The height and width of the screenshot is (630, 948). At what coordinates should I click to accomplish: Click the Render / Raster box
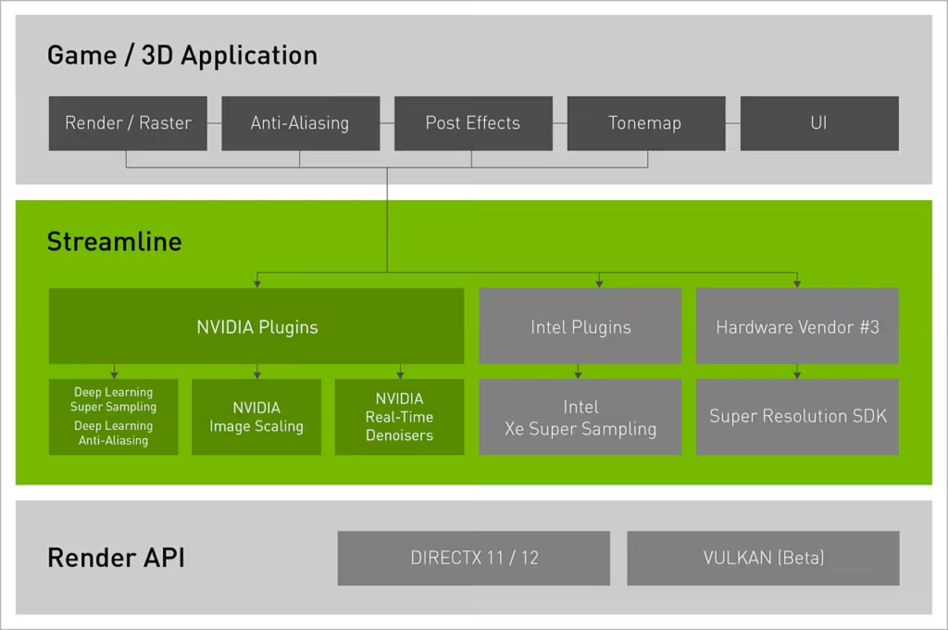click(128, 123)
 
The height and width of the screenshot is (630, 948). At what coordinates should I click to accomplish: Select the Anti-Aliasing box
click(300, 123)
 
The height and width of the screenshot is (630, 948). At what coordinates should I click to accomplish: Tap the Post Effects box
click(473, 123)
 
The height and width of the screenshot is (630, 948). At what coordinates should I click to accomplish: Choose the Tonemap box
click(645, 123)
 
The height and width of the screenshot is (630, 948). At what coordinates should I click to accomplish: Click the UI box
click(818, 123)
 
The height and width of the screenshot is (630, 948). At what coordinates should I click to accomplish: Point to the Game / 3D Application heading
click(182, 56)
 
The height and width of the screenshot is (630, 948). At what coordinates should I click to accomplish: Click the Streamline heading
click(115, 243)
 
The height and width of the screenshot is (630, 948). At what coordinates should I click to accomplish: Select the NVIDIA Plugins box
click(256, 326)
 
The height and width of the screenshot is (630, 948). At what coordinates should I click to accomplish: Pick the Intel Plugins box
click(580, 326)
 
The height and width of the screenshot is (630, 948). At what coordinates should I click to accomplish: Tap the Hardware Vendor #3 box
click(797, 326)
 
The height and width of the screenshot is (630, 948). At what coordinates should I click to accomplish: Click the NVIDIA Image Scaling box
click(256, 417)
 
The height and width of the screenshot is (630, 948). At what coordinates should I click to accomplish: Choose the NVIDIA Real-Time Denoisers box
click(399, 417)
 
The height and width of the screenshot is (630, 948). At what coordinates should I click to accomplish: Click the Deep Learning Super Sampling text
click(114, 399)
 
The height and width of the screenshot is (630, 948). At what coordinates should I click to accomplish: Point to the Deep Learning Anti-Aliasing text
click(114, 434)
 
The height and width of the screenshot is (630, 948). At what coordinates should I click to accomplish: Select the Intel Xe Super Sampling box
click(580, 417)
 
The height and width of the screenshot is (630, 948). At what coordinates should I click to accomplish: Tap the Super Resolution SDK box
click(797, 417)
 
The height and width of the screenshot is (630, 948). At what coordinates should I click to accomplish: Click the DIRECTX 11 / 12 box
click(473, 558)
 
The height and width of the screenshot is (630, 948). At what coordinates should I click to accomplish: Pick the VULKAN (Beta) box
click(763, 558)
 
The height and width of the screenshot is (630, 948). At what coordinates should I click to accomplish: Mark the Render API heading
click(116, 559)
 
